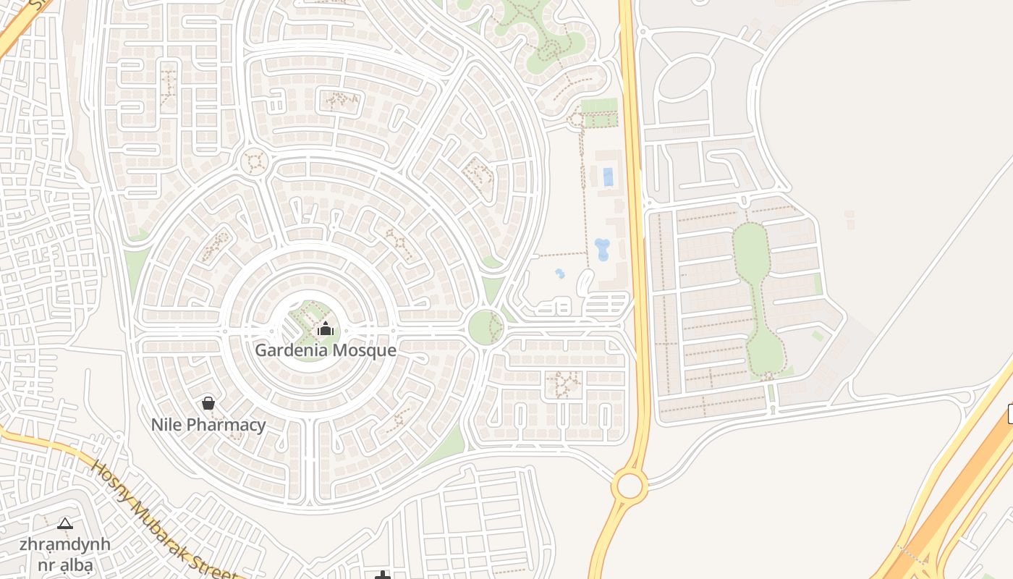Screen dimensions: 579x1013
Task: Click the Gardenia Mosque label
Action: pyautogui.click(x=325, y=350)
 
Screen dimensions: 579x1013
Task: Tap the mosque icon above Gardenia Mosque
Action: pyautogui.click(x=326, y=329)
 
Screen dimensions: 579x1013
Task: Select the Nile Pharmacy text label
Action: pyautogui.click(x=208, y=425)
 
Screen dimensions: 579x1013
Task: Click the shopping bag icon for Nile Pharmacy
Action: pyautogui.click(x=208, y=403)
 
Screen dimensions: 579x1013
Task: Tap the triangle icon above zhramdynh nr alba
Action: pyautogui.click(x=65, y=523)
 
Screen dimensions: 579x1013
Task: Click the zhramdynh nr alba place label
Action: pyautogui.click(x=65, y=553)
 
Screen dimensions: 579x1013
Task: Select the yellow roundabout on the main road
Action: pyautogui.click(x=630, y=486)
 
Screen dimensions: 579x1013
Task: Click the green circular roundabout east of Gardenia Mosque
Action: pyautogui.click(x=485, y=327)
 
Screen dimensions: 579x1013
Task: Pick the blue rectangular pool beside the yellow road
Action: pyautogui.click(x=608, y=177)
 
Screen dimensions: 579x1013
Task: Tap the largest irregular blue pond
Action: pyautogui.click(x=602, y=249)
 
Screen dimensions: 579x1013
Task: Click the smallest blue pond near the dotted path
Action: pyautogui.click(x=559, y=274)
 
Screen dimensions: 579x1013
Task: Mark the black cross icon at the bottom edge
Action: pyautogui.click(x=383, y=575)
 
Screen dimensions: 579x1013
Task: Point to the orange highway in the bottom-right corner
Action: pyautogui.click(x=955, y=507)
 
